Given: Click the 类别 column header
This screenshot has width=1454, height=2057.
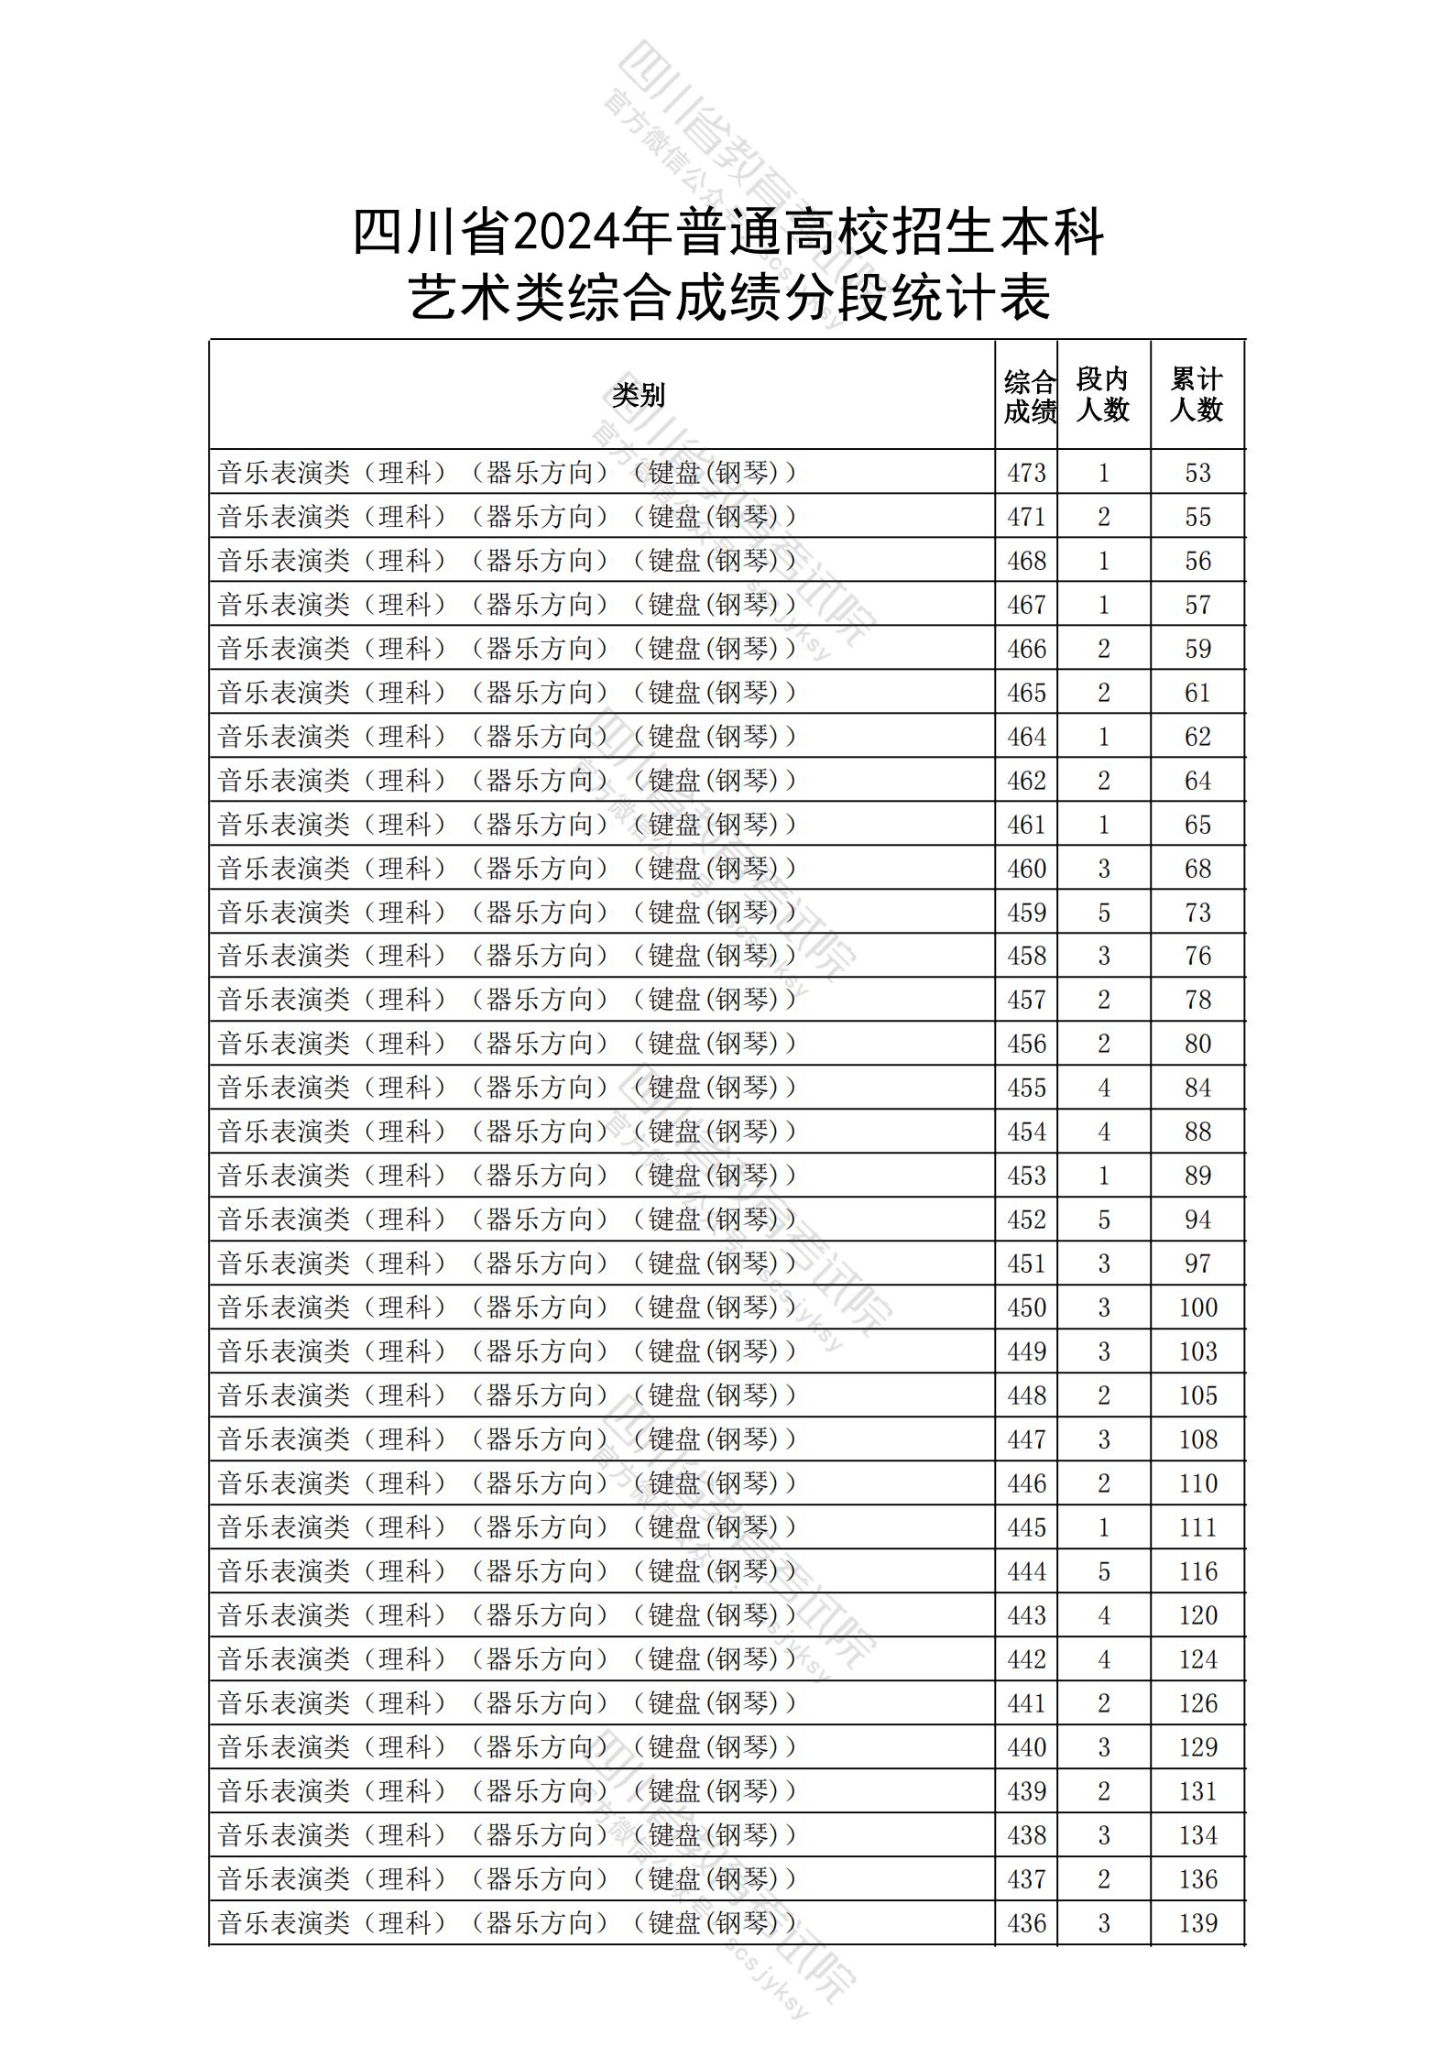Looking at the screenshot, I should click(639, 395).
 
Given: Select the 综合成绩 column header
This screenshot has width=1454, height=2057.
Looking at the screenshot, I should click(1029, 396).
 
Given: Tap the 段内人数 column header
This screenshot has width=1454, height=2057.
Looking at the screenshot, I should click(1102, 395).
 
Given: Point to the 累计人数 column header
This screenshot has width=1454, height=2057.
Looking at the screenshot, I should click(1197, 395).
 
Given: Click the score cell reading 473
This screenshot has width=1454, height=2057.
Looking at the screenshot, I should click(1026, 473).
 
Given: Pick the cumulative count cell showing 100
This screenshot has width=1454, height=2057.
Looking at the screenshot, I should click(1197, 1308).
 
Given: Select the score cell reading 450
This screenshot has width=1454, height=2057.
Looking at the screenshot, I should click(1026, 1308).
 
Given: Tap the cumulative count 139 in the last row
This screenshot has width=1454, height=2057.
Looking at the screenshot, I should click(1197, 1923).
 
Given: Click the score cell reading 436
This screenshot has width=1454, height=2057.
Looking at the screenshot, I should click(1026, 1923).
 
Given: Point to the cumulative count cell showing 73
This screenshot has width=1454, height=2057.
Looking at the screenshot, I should click(1197, 913).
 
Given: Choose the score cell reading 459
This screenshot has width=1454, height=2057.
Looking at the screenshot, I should click(1026, 913).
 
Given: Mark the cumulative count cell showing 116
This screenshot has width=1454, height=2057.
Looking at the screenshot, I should click(1197, 1571).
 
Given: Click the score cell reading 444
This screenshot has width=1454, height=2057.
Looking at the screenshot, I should click(1026, 1571).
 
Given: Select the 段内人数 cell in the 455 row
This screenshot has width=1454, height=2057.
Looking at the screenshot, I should click(1103, 1088).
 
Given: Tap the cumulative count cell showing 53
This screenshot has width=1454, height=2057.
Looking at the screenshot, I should click(1197, 473).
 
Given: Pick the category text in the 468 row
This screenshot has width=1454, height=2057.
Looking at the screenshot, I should click(508, 561).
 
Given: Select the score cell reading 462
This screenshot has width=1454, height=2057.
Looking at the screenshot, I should click(1026, 781).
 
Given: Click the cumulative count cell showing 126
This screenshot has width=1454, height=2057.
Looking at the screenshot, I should click(1197, 1703).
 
